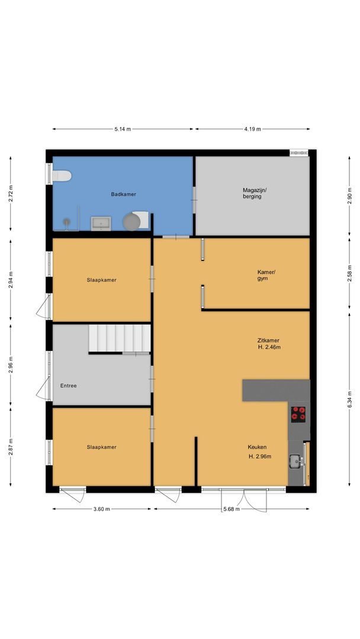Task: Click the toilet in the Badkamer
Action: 62,176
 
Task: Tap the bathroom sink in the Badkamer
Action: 101,223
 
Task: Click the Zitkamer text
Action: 268,340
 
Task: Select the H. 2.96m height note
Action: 260,457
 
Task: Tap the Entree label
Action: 69,386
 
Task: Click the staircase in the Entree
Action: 120,338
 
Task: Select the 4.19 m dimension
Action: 252,129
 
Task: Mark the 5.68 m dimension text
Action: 231,509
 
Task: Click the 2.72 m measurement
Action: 11,194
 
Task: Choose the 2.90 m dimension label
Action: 349,198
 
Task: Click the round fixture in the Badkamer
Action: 131,221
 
